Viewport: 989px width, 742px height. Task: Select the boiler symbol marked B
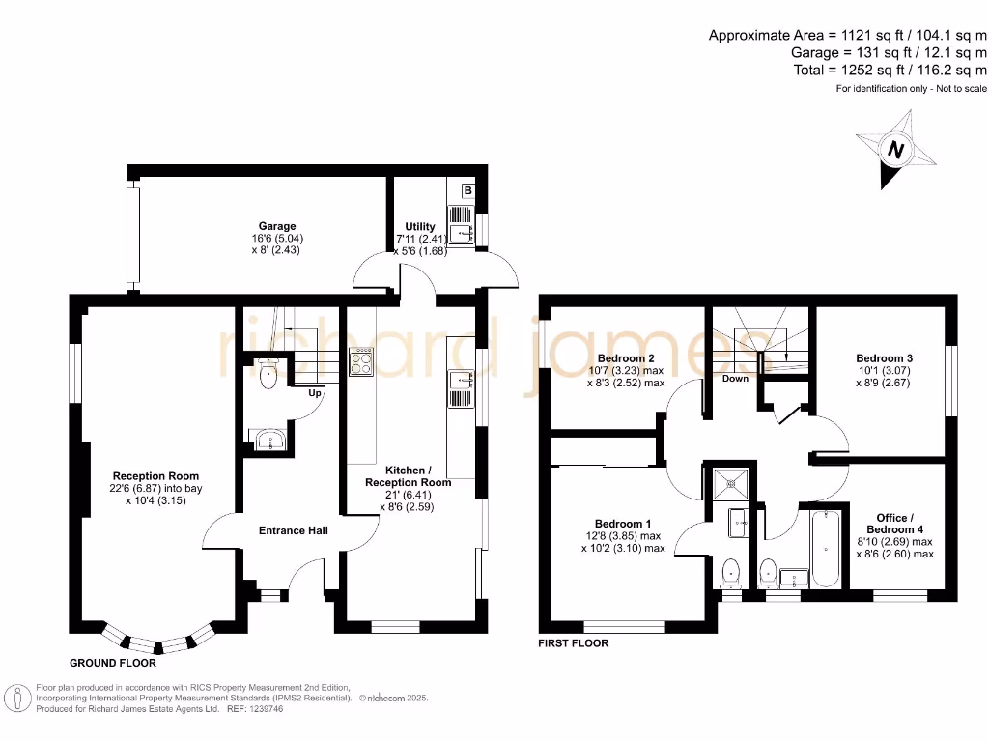pyautogui.click(x=468, y=191)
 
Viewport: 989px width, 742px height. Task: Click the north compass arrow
pyautogui.click(x=895, y=151)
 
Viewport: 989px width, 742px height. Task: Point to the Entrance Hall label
pyautogui.click(x=293, y=530)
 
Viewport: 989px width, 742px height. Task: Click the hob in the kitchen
pyautogui.click(x=363, y=361)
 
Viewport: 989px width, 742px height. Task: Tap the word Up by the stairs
pyautogui.click(x=315, y=393)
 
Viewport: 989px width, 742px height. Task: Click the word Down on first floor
pyautogui.click(x=736, y=379)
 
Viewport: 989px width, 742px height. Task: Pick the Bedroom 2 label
pyautogui.click(x=626, y=358)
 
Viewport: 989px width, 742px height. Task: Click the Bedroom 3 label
pyautogui.click(x=885, y=358)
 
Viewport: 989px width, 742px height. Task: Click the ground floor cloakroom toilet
pyautogui.click(x=268, y=377)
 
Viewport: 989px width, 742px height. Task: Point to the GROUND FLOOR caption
pyautogui.click(x=112, y=664)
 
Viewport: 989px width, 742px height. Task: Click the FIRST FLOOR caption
pyautogui.click(x=574, y=642)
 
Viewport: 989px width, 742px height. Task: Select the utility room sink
pyautogui.click(x=461, y=232)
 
